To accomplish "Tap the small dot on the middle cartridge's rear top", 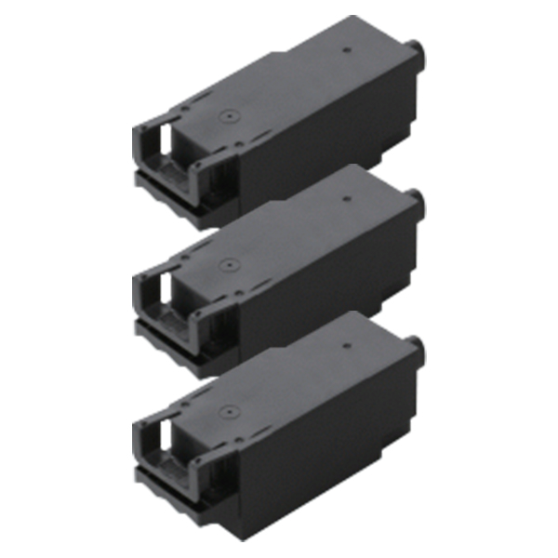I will (345, 195).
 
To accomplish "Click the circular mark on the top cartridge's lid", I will (226, 119).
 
